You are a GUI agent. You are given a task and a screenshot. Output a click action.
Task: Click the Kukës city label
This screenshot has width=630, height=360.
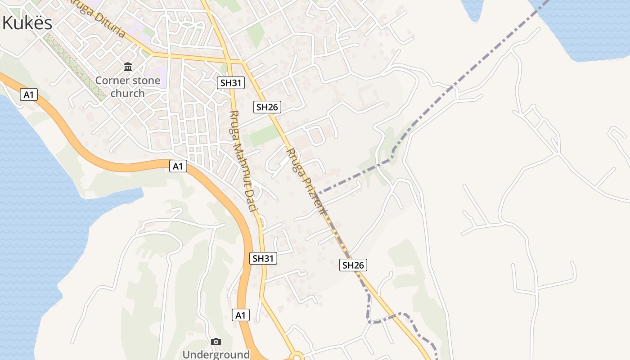tap(27, 23)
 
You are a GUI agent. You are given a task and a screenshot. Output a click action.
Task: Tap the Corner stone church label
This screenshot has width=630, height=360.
tap(128, 87)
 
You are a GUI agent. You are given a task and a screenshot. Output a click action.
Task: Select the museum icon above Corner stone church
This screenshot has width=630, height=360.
tap(128, 67)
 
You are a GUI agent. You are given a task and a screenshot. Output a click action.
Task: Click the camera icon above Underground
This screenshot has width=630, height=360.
tap(216, 342)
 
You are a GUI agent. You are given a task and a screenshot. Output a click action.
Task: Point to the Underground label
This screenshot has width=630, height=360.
tap(216, 355)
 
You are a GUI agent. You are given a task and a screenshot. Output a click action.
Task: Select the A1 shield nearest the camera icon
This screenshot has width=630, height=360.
tap(241, 315)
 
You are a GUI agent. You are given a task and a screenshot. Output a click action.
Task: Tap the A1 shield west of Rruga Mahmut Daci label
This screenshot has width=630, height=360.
tap(178, 166)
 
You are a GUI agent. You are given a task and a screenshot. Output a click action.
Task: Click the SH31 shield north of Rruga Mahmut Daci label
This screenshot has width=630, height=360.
tap(230, 83)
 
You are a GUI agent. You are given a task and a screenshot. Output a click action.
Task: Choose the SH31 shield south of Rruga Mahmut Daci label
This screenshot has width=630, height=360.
tap(263, 258)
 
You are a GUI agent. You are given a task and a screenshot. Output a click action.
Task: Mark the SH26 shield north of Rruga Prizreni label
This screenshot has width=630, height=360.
tap(267, 107)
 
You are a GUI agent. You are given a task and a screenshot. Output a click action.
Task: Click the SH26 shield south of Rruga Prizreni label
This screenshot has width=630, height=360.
tap(353, 265)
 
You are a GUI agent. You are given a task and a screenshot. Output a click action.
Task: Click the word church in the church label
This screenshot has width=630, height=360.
tap(128, 93)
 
